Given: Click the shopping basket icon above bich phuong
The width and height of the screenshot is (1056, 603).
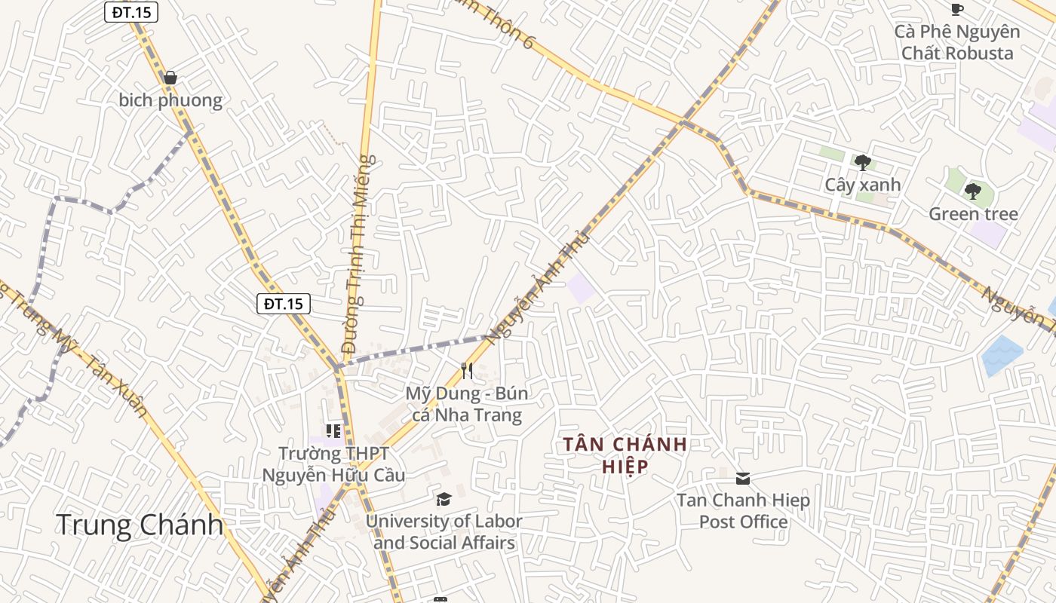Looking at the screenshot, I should point(170,78).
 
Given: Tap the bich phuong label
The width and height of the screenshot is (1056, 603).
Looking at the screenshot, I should point(170,100).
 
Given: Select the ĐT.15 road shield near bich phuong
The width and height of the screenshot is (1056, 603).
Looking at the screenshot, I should point(130,12).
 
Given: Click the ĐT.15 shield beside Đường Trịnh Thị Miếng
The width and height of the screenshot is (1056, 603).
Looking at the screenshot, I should point(284,304).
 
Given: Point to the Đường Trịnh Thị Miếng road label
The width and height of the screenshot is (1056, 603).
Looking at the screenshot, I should point(358,253).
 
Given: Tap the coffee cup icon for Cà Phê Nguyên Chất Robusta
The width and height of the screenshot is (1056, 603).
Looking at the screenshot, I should point(957,9).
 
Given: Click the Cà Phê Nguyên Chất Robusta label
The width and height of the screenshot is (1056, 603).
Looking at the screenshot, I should point(957,42).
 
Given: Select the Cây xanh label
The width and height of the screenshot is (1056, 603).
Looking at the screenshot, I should point(863,185).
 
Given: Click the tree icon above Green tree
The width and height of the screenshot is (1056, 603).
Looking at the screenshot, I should point(973,191).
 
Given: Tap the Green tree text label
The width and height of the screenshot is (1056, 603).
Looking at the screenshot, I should point(973,214).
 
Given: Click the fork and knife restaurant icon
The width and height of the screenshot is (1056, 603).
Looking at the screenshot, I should point(467,370).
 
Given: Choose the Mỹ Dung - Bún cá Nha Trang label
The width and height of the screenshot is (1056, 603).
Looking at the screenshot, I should point(467,404).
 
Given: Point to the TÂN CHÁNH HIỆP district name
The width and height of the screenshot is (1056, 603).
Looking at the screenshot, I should point(625,455).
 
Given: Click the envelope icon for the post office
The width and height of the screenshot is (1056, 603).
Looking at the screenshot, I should point(743,478).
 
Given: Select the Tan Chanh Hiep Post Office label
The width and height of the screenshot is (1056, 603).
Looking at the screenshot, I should point(743,511).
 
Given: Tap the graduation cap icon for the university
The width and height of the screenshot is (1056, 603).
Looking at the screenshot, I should point(444,499).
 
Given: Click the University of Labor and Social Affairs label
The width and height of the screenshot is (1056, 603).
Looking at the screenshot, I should point(444,531).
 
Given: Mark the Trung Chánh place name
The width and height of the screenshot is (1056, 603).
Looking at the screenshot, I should point(140,525).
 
